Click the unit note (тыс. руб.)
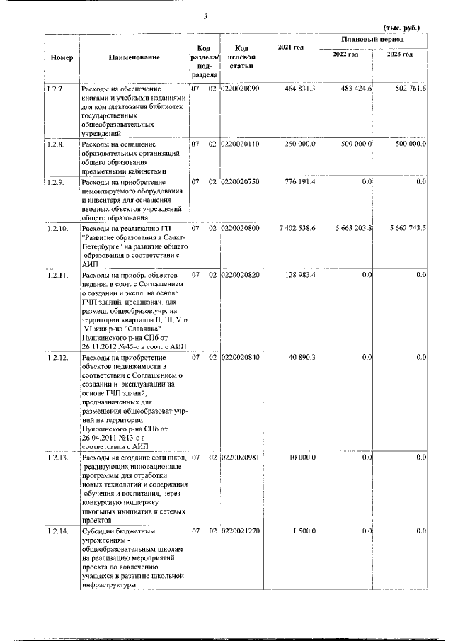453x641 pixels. (401, 28)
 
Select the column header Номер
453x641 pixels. (62, 57)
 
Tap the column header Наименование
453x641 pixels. (134, 57)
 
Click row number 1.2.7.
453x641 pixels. (55, 88)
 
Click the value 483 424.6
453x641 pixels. (356, 88)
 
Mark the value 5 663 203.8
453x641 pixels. (351, 229)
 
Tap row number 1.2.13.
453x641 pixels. (57, 458)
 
